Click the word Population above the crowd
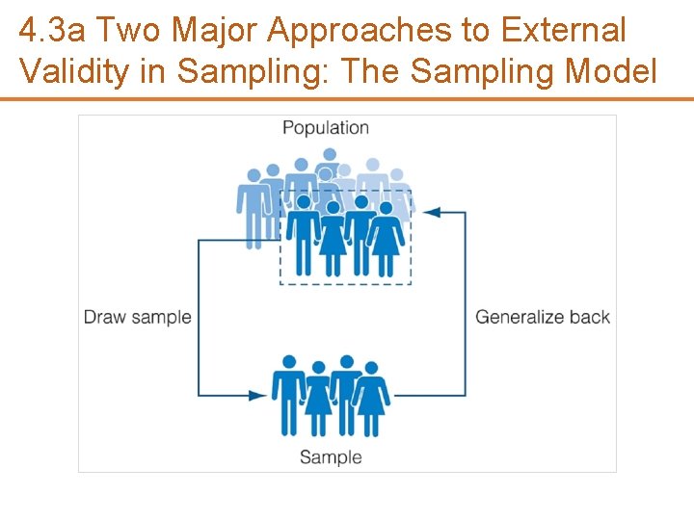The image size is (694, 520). (326, 128)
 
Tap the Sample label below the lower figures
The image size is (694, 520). (331, 456)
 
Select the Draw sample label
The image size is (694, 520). (137, 317)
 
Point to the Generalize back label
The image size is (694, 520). (543, 317)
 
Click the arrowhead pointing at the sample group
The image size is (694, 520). (257, 395)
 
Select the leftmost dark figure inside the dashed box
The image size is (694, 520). (304, 236)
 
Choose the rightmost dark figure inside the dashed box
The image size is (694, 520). (387, 239)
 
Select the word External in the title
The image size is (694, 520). (562, 32)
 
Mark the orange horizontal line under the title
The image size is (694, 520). (347, 98)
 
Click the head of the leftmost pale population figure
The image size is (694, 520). (254, 176)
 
